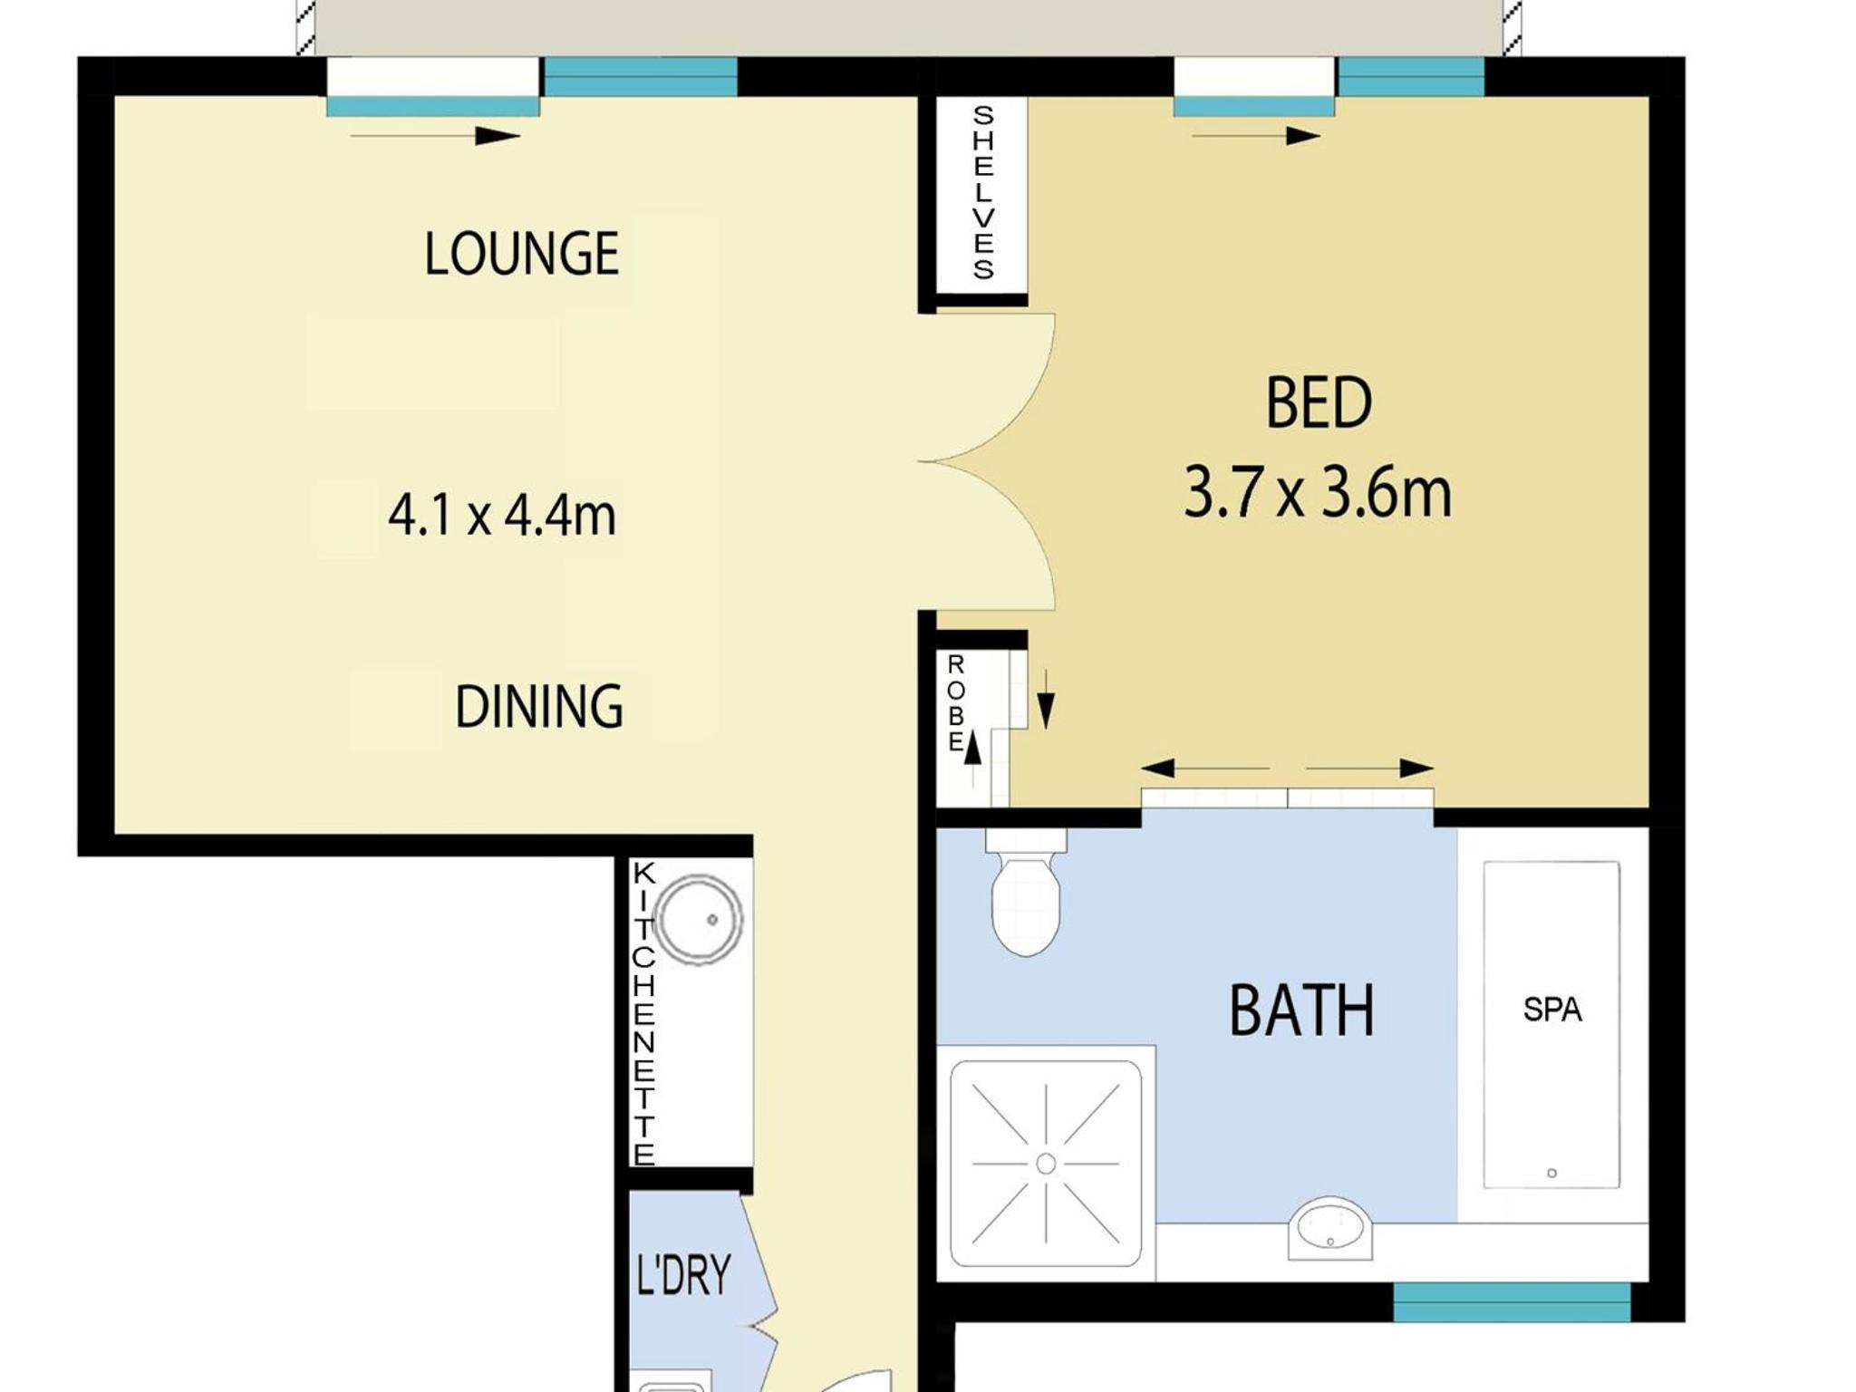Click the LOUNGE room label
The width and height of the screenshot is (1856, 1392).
pos(522,253)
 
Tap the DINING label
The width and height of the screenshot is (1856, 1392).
pos(539,707)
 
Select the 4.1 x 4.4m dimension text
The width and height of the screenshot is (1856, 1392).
pos(502,515)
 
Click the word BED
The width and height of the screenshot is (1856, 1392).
pos(1319,403)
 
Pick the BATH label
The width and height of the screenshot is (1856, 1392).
pos(1301,1010)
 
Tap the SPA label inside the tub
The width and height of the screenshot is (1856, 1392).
pos(1551,1010)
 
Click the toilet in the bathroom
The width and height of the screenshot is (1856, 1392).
pos(1026,892)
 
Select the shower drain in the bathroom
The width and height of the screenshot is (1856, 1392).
pos(1046,1164)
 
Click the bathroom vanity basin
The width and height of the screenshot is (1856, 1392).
pos(1329,1228)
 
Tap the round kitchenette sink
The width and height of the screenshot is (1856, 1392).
pos(698,919)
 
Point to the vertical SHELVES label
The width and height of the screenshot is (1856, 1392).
pos(983,192)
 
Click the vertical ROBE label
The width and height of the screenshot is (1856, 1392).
pos(955,703)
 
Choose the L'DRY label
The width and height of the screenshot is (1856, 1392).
pos(683,1275)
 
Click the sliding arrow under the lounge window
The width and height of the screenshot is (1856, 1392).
pos(435,136)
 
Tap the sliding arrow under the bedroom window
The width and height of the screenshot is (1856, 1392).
pos(1256,136)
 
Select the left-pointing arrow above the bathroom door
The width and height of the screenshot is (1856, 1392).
pos(1204,768)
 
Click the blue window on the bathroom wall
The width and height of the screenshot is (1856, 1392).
pos(1512,1301)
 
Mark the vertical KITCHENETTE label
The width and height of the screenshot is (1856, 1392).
pos(643,1014)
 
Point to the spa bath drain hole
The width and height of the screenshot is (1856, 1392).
pos(1551,1173)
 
